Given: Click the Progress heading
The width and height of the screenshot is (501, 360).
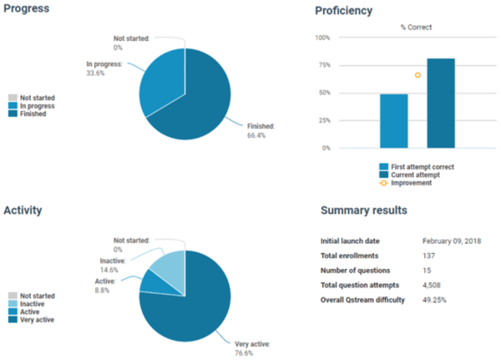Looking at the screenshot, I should click(x=26, y=9).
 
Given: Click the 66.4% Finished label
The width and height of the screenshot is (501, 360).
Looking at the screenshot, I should click(x=261, y=130).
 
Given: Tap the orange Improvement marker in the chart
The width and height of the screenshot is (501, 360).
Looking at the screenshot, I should click(x=417, y=75).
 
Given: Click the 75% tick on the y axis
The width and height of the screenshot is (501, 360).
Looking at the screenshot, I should click(x=324, y=65).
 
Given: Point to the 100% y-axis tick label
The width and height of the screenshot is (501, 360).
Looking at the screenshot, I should click(x=322, y=38).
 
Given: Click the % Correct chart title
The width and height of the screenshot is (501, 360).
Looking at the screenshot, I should click(x=416, y=27).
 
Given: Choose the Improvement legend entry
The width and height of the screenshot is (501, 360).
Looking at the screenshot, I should click(x=412, y=182).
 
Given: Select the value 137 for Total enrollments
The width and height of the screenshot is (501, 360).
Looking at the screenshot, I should click(x=429, y=255).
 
